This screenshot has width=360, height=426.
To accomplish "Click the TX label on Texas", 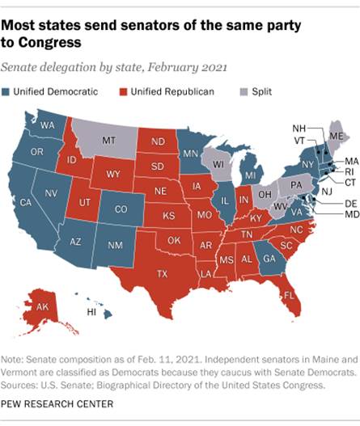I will click(162, 275).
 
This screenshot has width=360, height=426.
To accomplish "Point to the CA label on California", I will click(25, 202).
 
